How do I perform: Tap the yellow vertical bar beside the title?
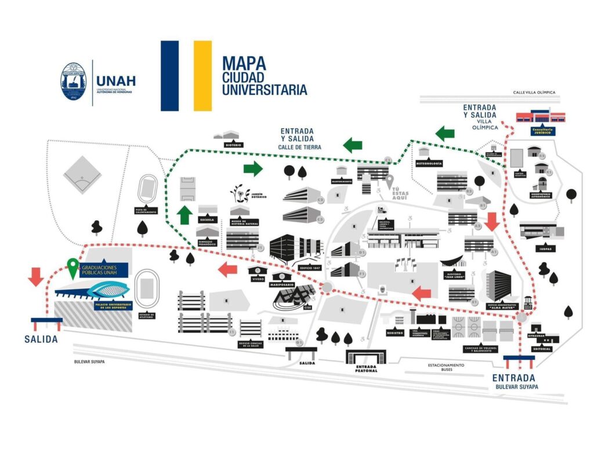[x=202, y=75]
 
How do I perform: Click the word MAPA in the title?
[x=244, y=63]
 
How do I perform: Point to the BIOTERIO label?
[x=230, y=144]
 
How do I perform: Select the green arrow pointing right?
[x=252, y=169]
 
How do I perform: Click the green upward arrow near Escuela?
[x=184, y=215]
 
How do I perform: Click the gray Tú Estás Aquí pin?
[x=390, y=182]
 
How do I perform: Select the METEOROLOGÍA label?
[x=430, y=164]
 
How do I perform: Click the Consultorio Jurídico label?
[x=541, y=131]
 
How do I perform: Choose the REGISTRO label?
[x=395, y=333]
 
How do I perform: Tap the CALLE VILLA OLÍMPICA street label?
[x=534, y=92]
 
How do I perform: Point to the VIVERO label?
[x=258, y=279]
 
